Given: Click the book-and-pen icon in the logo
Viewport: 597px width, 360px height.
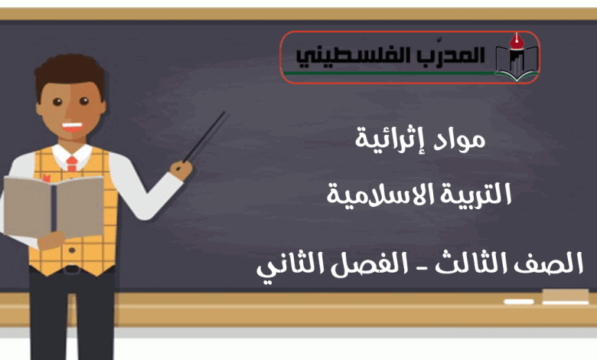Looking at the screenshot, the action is tap(517, 57).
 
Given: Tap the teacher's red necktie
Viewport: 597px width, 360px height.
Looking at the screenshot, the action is tap(72, 163).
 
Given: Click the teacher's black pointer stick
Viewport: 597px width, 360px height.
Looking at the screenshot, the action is tap(205, 137).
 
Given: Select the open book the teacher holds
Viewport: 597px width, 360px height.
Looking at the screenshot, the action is tap(54, 206).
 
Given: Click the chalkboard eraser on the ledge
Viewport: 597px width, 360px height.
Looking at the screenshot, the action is tap(566, 296).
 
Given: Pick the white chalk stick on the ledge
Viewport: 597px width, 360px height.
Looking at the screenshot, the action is tap(519, 302).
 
